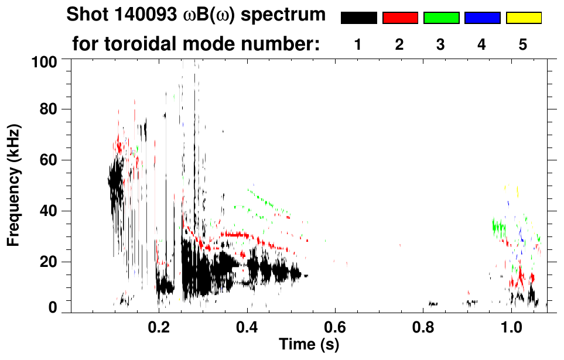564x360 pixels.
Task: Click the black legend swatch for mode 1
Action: point(358,18)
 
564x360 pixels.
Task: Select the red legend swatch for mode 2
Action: point(400,18)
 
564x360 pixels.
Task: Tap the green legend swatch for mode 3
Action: point(441,18)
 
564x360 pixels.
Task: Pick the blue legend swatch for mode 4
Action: point(482,18)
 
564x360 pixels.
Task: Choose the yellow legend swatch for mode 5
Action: point(524,18)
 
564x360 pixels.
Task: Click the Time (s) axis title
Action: point(308,345)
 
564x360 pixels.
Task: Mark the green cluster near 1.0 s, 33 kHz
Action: point(499,226)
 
